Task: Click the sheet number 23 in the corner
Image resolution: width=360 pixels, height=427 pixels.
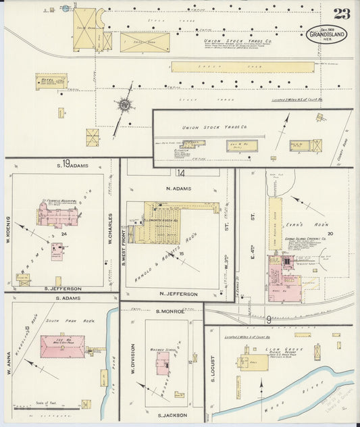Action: point(341,13)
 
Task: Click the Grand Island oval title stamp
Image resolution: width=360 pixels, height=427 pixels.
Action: point(328,34)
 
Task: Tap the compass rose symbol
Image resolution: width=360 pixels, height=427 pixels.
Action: point(125,106)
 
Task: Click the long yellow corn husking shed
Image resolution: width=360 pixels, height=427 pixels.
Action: point(275,223)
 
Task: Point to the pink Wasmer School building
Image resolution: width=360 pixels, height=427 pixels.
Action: point(162,363)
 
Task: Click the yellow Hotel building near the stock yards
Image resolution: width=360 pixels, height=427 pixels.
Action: point(51,81)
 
